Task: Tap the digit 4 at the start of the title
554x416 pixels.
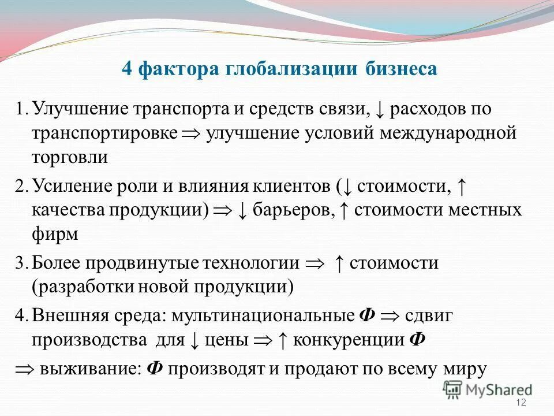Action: pyautogui.click(x=128, y=69)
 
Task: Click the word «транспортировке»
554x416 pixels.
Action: pyautogui.click(x=104, y=133)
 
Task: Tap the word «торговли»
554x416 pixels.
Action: pyautogui.click(x=70, y=157)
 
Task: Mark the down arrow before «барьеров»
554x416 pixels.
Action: pyautogui.click(x=243, y=210)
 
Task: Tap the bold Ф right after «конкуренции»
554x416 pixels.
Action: pyautogui.click(x=417, y=339)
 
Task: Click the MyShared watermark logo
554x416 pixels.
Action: pyautogui.click(x=488, y=390)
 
